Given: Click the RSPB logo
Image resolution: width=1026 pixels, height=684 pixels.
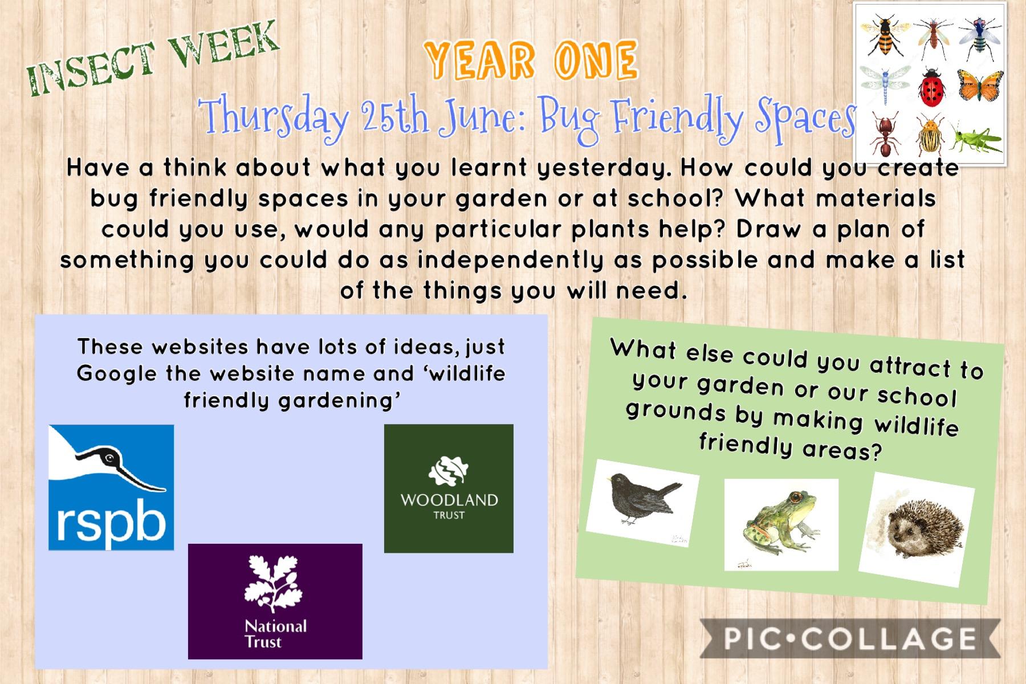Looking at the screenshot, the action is tap(111, 487).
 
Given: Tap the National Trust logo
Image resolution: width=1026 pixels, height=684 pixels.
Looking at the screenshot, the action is tap(275, 601).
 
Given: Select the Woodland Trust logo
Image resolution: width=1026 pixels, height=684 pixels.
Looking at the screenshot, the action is tap(449, 488).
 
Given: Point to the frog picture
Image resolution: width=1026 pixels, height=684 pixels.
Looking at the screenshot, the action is tap(781, 524).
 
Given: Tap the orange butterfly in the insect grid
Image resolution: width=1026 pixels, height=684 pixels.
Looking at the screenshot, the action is tap(980, 87).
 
